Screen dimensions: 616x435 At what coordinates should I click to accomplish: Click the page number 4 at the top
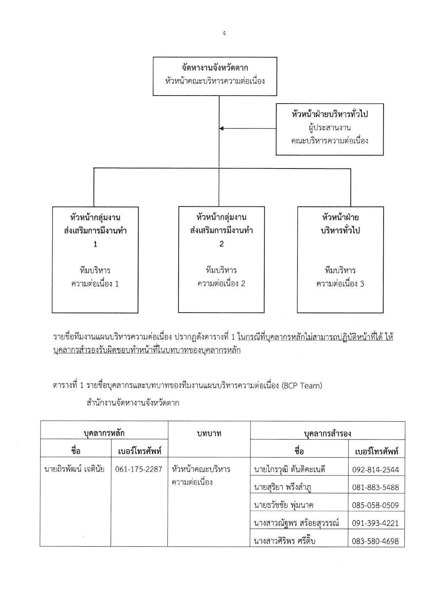[x=224, y=34]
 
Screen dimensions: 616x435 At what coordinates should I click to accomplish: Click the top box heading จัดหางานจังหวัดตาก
[x=215, y=68]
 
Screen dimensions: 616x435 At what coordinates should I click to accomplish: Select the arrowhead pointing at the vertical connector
[x=221, y=128]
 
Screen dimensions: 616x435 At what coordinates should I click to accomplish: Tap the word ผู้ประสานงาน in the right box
[x=329, y=128]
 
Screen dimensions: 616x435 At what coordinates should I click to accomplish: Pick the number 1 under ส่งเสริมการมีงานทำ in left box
[x=95, y=244]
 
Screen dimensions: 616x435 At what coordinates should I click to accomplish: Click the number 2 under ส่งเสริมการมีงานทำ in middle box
[x=221, y=244]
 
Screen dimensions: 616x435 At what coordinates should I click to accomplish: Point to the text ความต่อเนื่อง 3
[x=340, y=284]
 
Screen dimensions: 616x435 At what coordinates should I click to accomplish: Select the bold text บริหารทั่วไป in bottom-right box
[x=340, y=230]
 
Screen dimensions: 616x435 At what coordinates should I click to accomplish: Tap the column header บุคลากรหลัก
[x=104, y=433]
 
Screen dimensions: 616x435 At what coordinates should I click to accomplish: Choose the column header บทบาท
[x=209, y=433]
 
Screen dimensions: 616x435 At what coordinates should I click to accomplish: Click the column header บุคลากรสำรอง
[x=327, y=433]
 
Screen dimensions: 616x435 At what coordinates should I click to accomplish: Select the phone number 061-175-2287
[x=139, y=469]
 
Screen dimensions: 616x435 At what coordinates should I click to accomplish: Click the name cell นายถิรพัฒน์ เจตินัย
[x=74, y=469]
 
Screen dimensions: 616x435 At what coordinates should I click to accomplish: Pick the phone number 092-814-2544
[x=375, y=470]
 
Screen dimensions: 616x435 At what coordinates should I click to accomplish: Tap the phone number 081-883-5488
[x=375, y=488]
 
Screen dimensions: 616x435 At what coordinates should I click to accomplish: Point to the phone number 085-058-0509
[x=375, y=505]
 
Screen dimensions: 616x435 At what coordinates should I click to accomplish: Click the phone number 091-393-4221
[x=375, y=523]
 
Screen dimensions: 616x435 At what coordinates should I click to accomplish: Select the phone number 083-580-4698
[x=375, y=541]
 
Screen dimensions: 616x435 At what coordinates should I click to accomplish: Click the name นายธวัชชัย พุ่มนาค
[x=283, y=505]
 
